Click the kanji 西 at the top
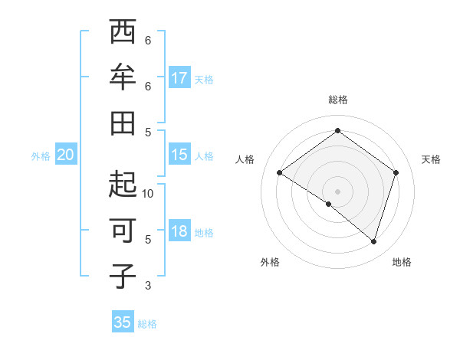(123, 33)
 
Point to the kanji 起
(123, 185)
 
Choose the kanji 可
(123, 231)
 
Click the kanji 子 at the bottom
(123, 276)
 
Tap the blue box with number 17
(179, 78)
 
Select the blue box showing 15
(179, 155)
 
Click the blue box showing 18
(179, 232)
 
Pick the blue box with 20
(65, 155)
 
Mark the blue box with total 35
(123, 322)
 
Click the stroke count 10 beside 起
(148, 194)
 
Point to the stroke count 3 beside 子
(148, 286)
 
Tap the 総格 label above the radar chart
(338, 100)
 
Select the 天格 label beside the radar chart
(431, 159)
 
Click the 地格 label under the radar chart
(402, 262)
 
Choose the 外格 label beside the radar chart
(270, 262)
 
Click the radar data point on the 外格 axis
(329, 204)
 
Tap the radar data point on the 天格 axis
(396, 173)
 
